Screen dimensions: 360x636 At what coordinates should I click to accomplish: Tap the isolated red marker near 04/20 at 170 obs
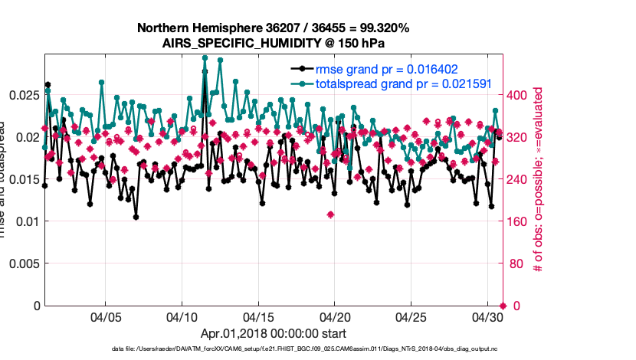click(x=330, y=214)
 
